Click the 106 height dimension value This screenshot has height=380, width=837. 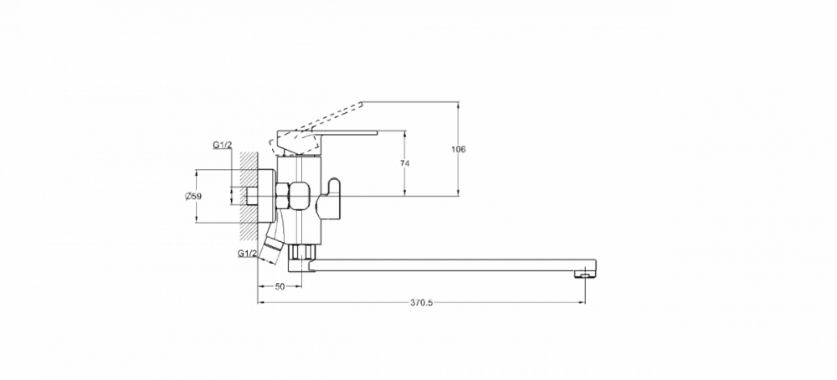pos(458,150)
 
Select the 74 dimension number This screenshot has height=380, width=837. pos(404,163)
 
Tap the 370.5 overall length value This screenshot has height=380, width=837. pos(422,303)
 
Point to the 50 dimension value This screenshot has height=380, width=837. pos(280,286)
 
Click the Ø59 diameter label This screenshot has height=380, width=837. pos(193,197)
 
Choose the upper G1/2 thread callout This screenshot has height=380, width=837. pos(222,145)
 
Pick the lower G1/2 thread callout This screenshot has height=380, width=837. pos(248,254)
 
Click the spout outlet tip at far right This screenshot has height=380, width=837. pos(585,274)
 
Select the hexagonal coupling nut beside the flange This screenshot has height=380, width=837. pos(284,196)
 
